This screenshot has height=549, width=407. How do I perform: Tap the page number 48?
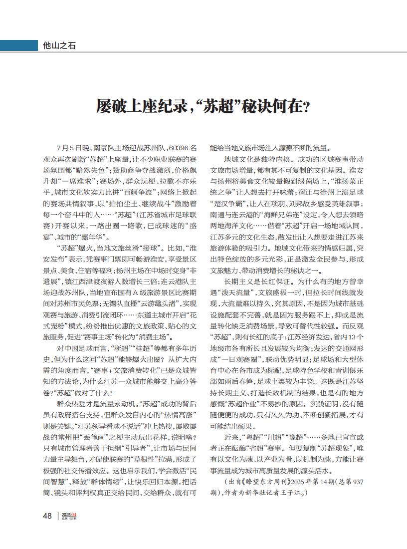tap(47, 516)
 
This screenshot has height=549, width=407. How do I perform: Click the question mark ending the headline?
tap(306, 106)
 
